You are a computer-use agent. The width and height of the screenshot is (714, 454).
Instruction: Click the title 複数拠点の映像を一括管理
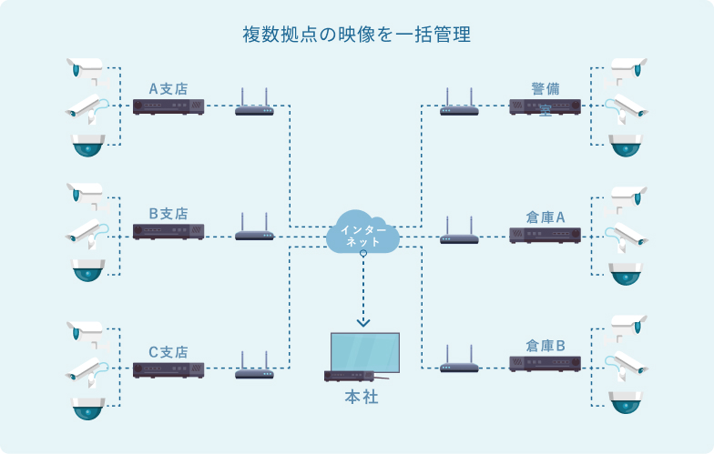356,35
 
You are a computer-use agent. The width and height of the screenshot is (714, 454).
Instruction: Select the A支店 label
168,88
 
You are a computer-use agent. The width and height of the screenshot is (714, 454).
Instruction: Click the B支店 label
168,214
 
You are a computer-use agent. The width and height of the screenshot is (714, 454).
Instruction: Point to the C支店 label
168,351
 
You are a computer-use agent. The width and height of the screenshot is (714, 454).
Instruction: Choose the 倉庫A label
546,217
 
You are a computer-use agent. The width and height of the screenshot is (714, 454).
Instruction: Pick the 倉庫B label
546,346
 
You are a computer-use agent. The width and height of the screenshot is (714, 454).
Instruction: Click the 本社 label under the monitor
362,398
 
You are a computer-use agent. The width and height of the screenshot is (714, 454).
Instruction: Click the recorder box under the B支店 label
168,232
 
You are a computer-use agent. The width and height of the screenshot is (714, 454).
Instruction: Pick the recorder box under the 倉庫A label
545,235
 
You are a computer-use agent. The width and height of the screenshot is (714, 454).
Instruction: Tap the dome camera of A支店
88,145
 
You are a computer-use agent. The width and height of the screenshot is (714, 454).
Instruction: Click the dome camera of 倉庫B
626,401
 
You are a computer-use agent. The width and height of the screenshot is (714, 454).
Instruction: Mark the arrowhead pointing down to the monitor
363,320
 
